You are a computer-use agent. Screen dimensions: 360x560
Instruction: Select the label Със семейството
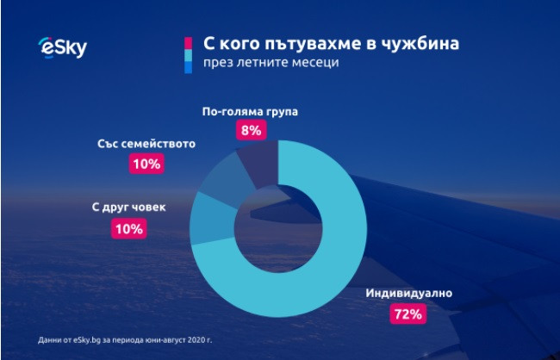(x=146, y=143)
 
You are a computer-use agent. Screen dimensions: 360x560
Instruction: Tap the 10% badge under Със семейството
(x=146, y=163)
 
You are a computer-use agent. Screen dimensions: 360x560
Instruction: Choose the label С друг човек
(x=128, y=208)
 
